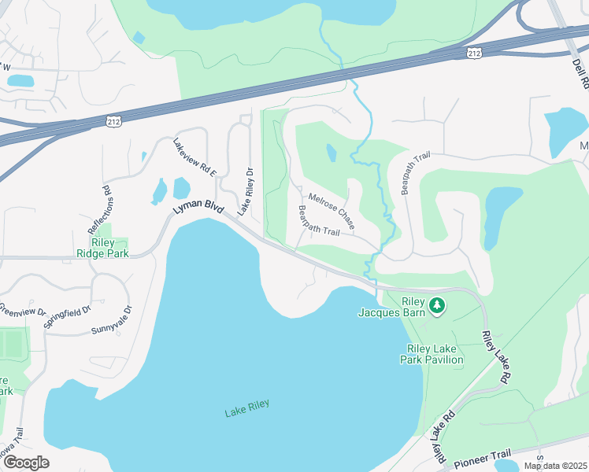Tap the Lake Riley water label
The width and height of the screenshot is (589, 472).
pos(246,408)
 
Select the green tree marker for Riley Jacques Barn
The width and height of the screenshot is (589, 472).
pos(436,304)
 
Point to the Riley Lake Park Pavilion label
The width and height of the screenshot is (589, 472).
pos(435,354)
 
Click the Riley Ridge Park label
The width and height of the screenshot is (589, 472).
pos(103,248)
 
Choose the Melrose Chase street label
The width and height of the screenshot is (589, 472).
pos(332,205)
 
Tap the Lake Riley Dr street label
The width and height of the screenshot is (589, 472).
pos(245,191)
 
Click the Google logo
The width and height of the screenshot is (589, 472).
pos(26,463)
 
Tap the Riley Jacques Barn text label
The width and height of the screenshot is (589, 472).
pos(402,307)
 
